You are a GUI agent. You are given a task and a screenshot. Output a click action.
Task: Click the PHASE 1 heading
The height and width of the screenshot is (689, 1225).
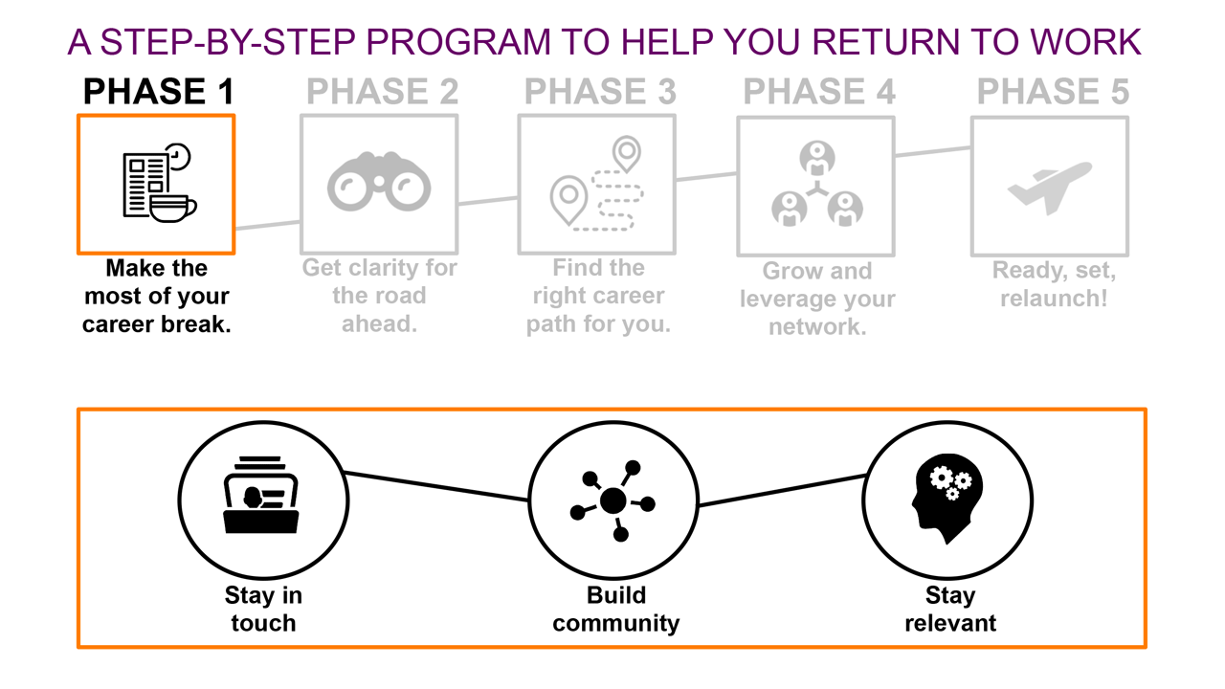(159, 92)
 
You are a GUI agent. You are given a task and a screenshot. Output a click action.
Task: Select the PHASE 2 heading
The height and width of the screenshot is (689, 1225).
(382, 92)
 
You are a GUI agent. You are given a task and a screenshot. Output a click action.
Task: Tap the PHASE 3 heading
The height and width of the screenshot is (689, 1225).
(600, 92)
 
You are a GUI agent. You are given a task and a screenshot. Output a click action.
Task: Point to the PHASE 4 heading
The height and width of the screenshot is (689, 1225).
(819, 92)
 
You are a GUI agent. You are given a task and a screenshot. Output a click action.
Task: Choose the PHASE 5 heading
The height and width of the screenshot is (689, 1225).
(1053, 92)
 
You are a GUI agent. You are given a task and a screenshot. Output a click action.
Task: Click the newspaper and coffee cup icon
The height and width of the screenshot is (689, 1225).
(157, 184)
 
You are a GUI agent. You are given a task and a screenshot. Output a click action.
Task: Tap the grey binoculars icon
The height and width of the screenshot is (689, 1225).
(379, 184)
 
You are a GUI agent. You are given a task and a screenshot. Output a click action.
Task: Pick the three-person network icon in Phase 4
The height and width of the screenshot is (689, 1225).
(816, 186)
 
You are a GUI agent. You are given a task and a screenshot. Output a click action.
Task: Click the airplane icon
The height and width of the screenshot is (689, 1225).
(1050, 187)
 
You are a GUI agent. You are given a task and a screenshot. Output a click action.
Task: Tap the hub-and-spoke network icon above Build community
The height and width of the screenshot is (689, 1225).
(612, 500)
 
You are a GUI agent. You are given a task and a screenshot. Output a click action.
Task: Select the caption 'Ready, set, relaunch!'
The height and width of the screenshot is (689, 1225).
(1053, 284)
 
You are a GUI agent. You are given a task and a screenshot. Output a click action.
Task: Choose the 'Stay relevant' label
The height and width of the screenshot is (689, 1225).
(949, 610)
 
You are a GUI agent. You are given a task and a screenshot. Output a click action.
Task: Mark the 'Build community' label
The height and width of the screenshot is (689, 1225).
(615, 610)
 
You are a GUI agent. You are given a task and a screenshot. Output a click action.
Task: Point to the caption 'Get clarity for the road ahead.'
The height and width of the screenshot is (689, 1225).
(379, 295)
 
